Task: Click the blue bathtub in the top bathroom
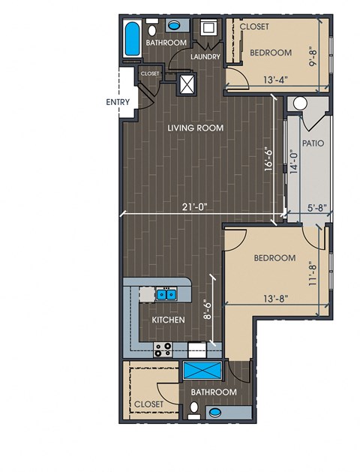132,38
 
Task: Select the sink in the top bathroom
173,26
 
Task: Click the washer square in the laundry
208,28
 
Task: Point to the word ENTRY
118,102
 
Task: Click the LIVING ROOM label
196,128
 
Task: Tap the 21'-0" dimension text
194,207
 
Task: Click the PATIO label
313,143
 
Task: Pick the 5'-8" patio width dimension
317,208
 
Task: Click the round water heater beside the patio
300,104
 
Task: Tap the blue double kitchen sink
166,294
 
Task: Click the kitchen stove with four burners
163,350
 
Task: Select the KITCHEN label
168,320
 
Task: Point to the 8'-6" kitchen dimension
208,309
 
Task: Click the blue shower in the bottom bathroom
202,370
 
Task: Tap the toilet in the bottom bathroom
194,410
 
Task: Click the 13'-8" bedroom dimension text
276,299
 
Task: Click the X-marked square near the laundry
186,84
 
